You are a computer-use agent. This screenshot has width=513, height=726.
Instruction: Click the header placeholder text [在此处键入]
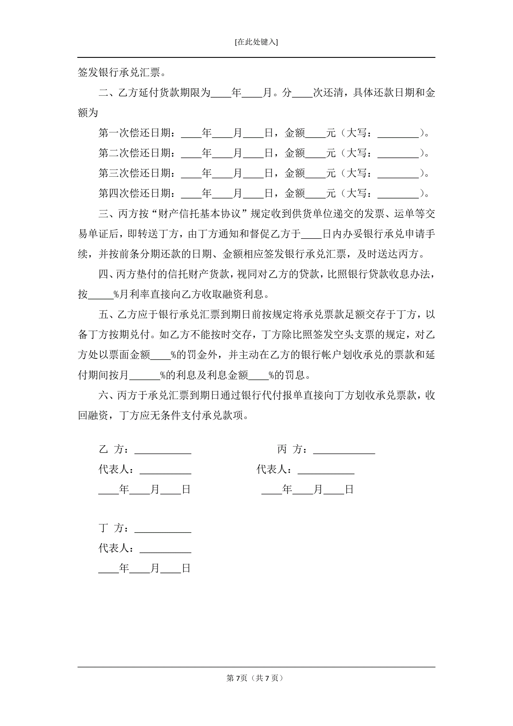click(256, 42)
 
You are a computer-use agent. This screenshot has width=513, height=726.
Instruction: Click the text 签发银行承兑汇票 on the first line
click(119, 73)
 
